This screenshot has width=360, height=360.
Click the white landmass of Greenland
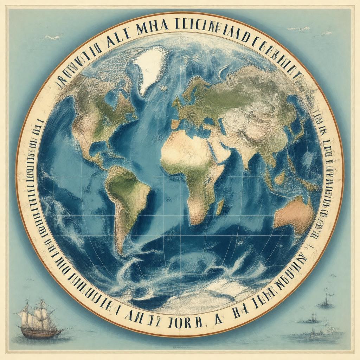[149, 67]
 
